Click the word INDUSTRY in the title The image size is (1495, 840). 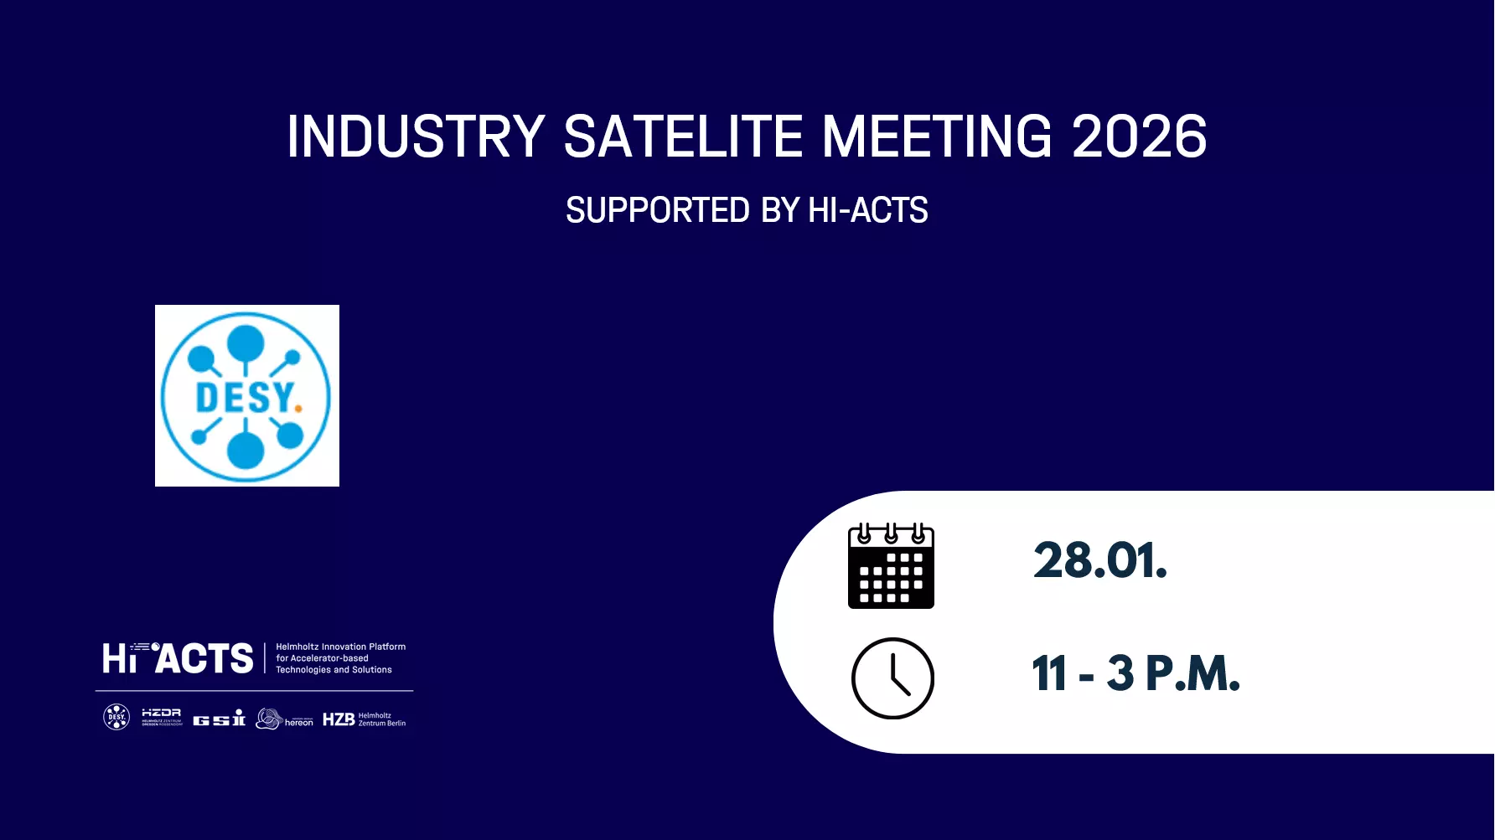click(416, 137)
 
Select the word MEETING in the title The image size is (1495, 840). click(936, 137)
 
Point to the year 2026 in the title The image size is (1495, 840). click(1139, 137)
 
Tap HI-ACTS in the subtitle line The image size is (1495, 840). click(867, 210)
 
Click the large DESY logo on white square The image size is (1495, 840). click(246, 395)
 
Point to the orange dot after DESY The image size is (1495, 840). click(298, 409)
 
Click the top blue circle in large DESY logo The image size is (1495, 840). click(246, 342)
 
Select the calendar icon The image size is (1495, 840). click(891, 566)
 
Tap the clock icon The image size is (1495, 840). click(892, 678)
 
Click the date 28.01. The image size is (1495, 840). click(1099, 560)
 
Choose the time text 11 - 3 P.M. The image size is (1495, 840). click(1135, 673)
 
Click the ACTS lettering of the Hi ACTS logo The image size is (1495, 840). click(205, 659)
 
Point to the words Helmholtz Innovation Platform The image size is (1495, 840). click(340, 647)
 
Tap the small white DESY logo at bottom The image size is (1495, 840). click(116, 717)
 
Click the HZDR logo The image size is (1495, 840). click(162, 717)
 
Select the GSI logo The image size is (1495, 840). click(219, 719)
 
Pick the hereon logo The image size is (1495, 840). click(285, 719)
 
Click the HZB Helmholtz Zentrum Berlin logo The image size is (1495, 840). click(364, 719)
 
